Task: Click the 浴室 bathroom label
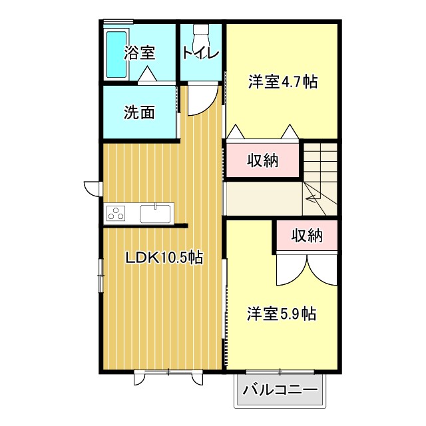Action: click(x=140, y=53)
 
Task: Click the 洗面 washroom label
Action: click(x=139, y=112)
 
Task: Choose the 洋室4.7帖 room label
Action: click(x=282, y=82)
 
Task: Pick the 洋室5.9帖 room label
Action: click(x=282, y=313)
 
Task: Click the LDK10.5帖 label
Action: click(x=164, y=258)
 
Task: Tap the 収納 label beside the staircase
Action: click(x=263, y=160)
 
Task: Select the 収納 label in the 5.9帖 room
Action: click(x=307, y=235)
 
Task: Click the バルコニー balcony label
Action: click(x=280, y=390)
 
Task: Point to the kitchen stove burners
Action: click(x=116, y=214)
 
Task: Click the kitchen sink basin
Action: click(x=156, y=214)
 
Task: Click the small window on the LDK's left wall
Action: click(x=100, y=276)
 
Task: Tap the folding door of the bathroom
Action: click(x=148, y=75)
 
